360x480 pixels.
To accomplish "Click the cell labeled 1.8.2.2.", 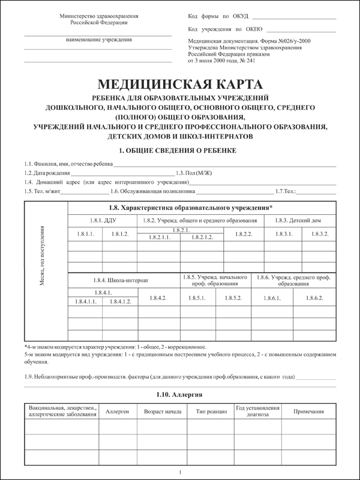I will tap(245, 233).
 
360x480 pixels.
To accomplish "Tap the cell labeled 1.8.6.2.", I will tap(315, 298).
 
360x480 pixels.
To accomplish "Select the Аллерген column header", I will tap(117, 413).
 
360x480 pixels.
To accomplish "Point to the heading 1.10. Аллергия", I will tap(179, 395).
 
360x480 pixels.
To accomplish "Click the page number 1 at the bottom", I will tap(180, 472).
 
